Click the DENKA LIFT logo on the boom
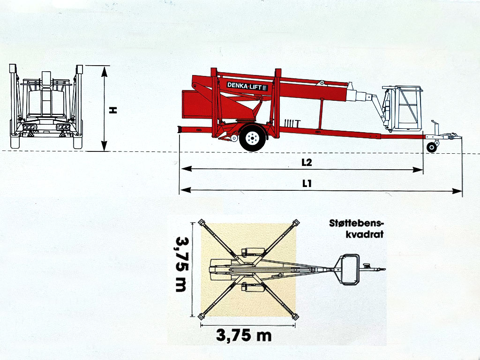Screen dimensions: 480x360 pyautogui.click(x=247, y=86)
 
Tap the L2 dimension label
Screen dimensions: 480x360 pyautogui.click(x=307, y=162)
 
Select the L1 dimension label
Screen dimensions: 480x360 pyautogui.click(x=307, y=183)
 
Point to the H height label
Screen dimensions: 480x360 pyautogui.click(x=113, y=110)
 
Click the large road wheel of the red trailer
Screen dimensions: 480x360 pyautogui.click(x=253, y=138)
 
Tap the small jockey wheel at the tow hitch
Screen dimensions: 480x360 pyautogui.click(x=432, y=147)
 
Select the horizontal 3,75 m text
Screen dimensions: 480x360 pyautogui.click(x=244, y=335)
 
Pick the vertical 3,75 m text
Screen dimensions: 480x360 pyautogui.click(x=181, y=264)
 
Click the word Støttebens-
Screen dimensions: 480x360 pyautogui.click(x=356, y=223)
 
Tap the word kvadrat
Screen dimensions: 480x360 pyautogui.click(x=365, y=234)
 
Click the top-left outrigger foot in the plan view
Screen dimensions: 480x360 pyautogui.click(x=202, y=222)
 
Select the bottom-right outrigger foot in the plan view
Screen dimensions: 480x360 pyautogui.click(x=295, y=316)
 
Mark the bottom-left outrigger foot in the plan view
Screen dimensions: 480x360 pyautogui.click(x=201, y=316)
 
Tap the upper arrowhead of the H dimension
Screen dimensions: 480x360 pyautogui.click(x=105, y=72)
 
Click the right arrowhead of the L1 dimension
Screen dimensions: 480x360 pyautogui.click(x=457, y=191)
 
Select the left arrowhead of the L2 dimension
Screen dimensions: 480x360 pyautogui.click(x=187, y=169)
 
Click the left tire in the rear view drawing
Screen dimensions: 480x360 pyautogui.click(x=15, y=142)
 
